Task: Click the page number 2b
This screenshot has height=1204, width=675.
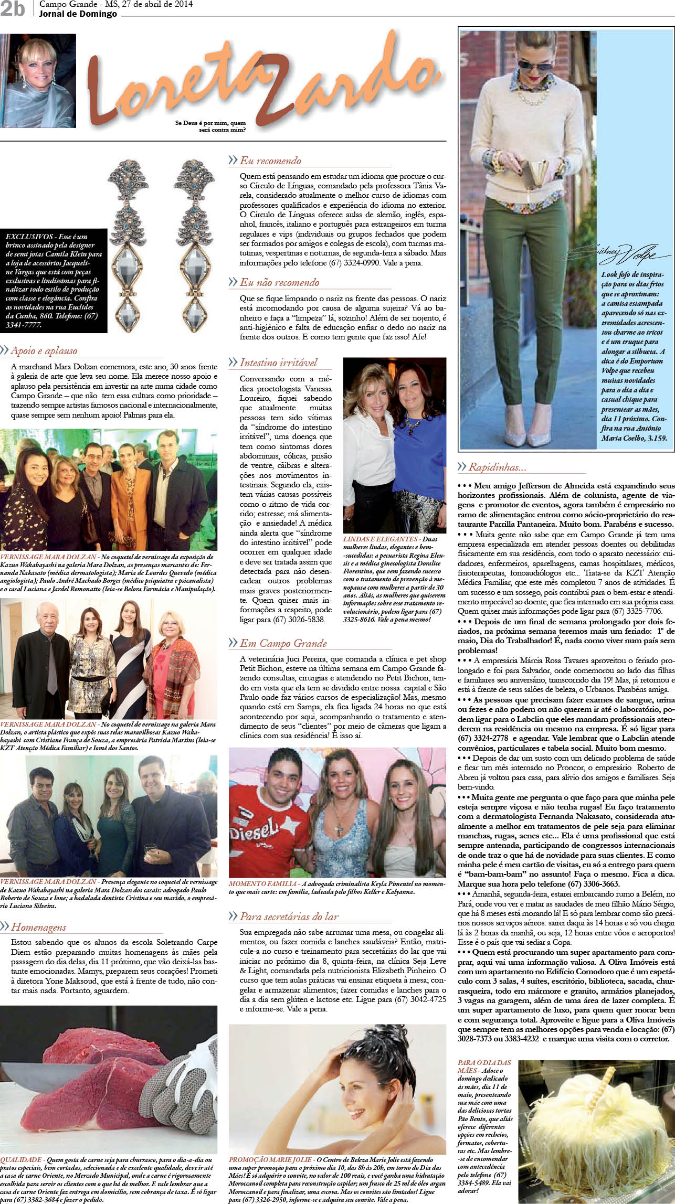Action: click(12, 9)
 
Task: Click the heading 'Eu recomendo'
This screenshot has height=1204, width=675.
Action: click(270, 161)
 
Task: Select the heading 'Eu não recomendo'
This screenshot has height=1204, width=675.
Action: click(279, 282)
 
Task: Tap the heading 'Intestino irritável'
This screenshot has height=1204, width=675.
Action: click(278, 363)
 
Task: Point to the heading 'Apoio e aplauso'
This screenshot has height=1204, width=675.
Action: click(44, 351)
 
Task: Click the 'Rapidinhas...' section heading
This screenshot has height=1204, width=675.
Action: click(497, 467)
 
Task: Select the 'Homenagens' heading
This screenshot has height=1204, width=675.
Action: click(38, 927)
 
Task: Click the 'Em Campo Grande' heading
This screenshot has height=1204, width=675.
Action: click(283, 643)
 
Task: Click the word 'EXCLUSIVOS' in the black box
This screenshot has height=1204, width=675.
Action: click(29, 237)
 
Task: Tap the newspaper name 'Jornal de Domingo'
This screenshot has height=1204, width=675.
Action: click(78, 14)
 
